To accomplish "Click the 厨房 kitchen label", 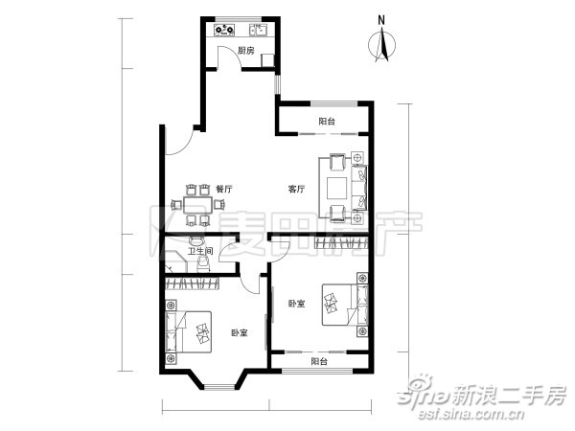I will click(x=246, y=52).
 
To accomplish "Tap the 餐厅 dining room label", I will click(x=224, y=189).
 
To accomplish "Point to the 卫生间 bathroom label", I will click(x=199, y=253).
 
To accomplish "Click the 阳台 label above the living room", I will click(x=327, y=121).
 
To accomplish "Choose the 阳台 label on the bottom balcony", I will click(x=319, y=361).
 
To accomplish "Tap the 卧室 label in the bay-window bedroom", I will click(x=240, y=333).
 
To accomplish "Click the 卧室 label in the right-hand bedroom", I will click(x=296, y=304).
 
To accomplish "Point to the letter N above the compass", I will click(x=381, y=18).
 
